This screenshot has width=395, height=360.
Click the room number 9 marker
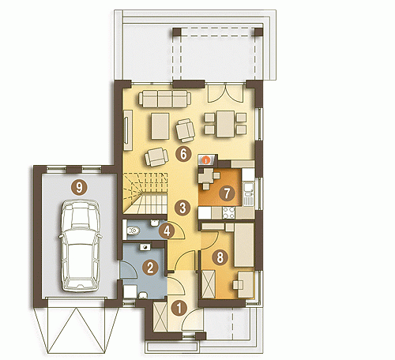click(79, 188)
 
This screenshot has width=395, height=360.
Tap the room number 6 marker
click(183, 154)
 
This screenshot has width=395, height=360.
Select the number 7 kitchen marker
click(227, 193)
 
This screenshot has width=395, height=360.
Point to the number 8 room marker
click(220, 257)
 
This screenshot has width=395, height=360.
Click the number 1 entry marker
click(179, 308)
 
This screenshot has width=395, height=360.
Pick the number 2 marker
click(150, 268)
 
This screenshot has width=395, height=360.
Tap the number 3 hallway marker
click(182, 208)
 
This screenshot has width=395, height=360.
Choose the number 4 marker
click(167, 231)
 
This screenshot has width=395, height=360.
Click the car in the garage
click(80, 246)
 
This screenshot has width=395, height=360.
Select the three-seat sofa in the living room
click(165, 99)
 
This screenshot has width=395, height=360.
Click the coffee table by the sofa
click(160, 126)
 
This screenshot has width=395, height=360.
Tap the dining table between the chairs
click(225, 124)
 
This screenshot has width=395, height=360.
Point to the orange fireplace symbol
click(206, 159)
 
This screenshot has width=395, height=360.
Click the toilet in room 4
click(133, 231)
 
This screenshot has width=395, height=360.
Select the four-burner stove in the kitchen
click(228, 212)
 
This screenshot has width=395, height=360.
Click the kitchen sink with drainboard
click(248, 194)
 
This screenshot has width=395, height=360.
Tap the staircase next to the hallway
click(145, 193)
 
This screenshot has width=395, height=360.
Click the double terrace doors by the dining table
click(225, 93)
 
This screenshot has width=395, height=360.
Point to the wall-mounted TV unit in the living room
click(128, 130)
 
